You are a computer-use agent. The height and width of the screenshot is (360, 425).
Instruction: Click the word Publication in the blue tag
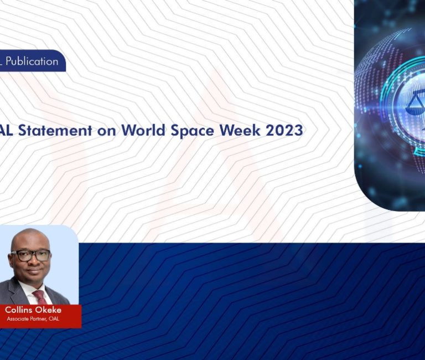[32, 61]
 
